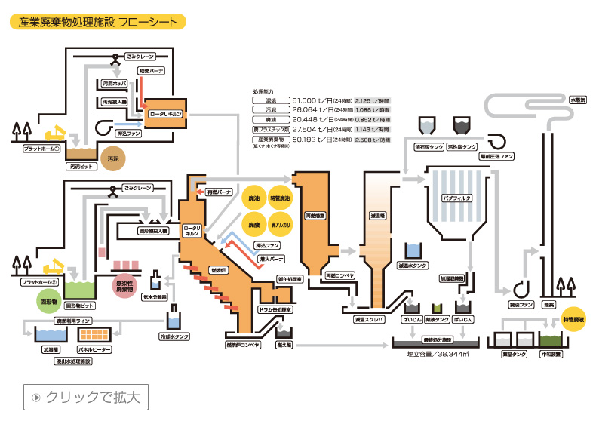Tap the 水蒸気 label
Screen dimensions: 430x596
(x=577, y=99)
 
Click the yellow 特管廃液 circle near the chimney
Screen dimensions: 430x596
(x=573, y=319)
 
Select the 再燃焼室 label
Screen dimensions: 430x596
(x=315, y=215)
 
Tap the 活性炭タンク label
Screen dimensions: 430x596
(x=461, y=147)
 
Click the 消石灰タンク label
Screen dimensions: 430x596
(x=426, y=147)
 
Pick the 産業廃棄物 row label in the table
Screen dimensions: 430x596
(x=270, y=140)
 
